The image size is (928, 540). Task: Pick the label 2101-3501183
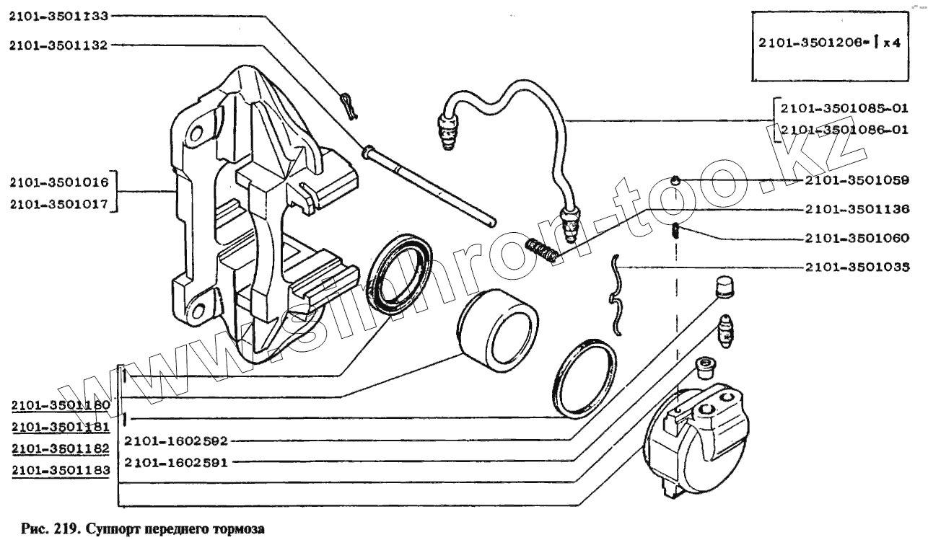61,470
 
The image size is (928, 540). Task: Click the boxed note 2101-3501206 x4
829,43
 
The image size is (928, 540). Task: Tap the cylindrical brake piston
494,322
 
